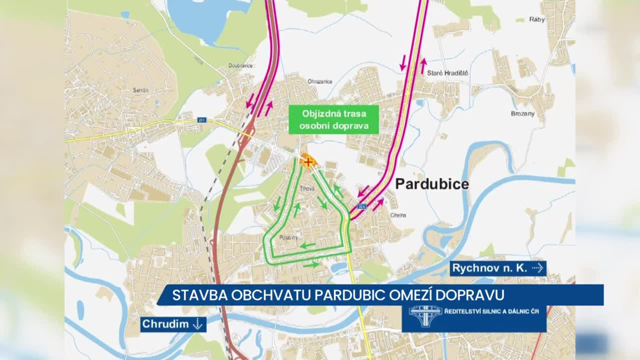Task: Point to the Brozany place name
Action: point(523,114)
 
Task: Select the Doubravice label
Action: point(241,65)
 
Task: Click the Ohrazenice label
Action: point(320,81)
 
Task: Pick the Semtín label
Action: point(141,90)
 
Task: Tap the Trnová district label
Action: point(307,188)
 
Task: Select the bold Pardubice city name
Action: point(432,184)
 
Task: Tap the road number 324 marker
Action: point(362,207)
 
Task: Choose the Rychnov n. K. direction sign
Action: point(498,268)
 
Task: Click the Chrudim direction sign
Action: point(173,324)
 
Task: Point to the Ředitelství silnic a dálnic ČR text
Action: point(492,311)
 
